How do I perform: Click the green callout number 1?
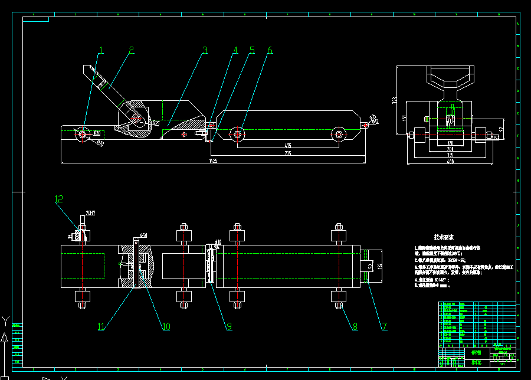101,51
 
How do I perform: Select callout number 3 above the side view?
205,51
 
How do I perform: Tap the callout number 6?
270,51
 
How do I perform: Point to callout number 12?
58,199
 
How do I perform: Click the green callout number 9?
229,325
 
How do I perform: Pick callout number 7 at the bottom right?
384,326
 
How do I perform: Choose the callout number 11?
101,326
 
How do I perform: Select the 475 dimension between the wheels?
288,145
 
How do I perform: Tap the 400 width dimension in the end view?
450,161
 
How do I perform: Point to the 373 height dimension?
395,101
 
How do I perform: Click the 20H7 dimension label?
90,212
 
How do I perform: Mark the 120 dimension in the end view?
450,143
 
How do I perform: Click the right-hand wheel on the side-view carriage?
339,135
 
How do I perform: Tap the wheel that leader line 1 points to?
82,135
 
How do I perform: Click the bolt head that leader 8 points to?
339,306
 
